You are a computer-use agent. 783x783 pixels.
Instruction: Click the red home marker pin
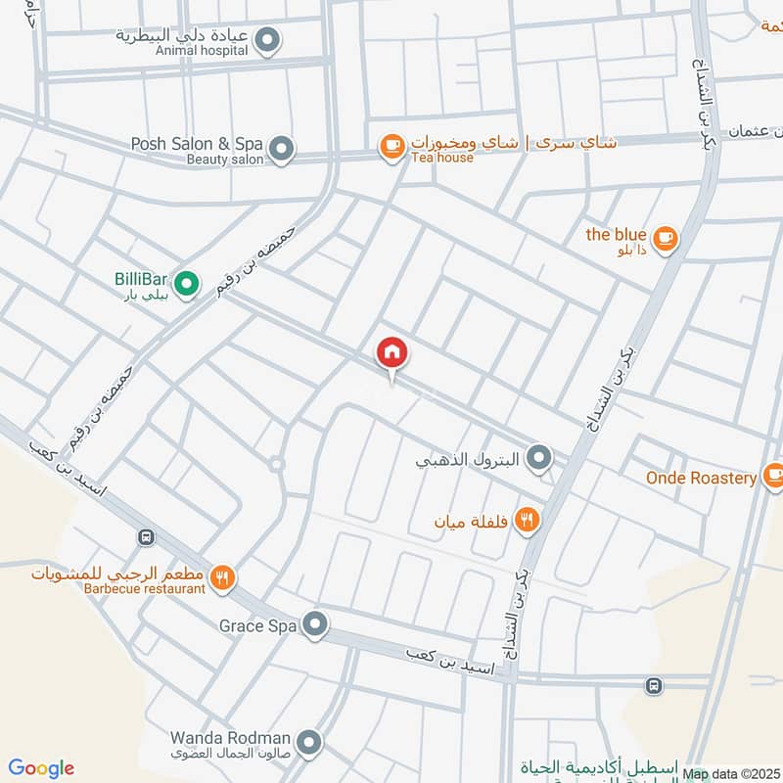click(x=392, y=353)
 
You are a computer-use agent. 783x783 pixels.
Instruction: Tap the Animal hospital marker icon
click(x=267, y=41)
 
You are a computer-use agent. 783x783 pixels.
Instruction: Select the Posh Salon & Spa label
click(x=196, y=144)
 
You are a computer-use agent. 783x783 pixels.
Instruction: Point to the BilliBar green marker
click(x=188, y=285)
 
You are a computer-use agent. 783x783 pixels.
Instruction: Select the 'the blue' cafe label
click(x=616, y=235)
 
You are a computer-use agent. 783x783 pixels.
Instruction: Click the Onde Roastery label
click(x=701, y=478)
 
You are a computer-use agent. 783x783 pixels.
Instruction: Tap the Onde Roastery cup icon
click(x=773, y=477)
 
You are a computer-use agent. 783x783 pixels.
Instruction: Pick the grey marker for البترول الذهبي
click(x=537, y=457)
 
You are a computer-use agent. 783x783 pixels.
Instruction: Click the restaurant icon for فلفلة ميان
click(x=528, y=521)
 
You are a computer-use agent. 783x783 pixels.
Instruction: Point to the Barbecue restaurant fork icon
click(x=223, y=578)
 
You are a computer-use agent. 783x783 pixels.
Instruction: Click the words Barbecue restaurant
click(x=144, y=588)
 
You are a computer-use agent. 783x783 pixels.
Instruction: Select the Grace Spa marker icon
click(x=314, y=623)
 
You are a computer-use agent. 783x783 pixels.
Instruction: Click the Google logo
click(x=41, y=768)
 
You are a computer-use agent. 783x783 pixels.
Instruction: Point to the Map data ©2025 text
click(x=732, y=774)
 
